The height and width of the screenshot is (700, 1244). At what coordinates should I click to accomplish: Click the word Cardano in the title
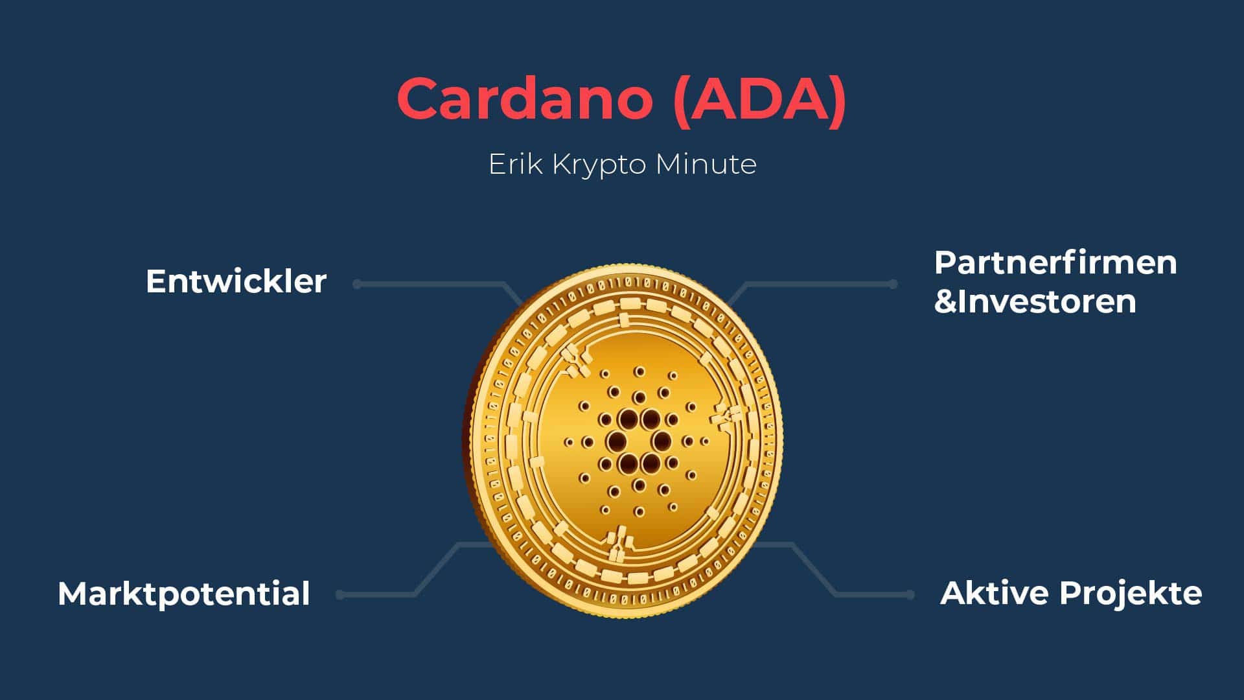(x=525, y=99)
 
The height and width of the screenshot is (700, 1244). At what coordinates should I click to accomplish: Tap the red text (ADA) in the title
(x=760, y=100)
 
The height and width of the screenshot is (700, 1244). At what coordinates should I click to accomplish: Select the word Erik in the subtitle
(x=515, y=164)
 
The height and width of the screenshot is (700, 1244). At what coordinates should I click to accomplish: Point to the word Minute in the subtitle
(x=706, y=164)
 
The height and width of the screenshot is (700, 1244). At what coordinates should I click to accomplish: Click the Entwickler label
(x=236, y=281)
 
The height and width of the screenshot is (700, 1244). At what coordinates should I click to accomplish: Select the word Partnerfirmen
(x=1055, y=262)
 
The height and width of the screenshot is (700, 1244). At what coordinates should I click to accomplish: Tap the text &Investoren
(x=1035, y=301)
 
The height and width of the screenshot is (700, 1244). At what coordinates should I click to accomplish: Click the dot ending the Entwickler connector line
(x=357, y=284)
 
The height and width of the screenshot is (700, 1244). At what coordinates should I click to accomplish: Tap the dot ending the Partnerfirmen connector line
(x=893, y=284)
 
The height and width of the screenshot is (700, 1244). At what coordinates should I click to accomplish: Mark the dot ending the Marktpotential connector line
(x=341, y=594)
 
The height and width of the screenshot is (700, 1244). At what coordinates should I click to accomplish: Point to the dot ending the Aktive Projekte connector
(x=910, y=594)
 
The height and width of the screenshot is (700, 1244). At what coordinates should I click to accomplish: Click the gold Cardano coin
(x=623, y=441)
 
